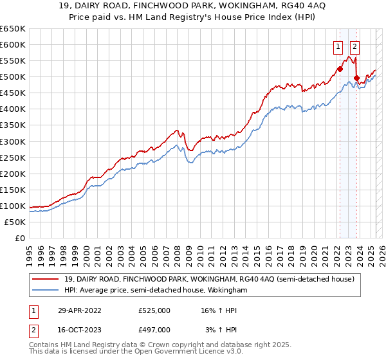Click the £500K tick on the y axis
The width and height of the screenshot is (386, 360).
point(12,76)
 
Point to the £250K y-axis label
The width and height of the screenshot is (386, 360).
point(12,157)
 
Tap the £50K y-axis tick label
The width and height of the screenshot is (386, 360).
point(15,222)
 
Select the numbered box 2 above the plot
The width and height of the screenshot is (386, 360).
point(355,46)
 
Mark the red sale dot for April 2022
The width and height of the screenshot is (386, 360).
point(340,69)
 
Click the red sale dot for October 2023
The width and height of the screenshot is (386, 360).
point(356,78)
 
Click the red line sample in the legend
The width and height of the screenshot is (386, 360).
point(46,279)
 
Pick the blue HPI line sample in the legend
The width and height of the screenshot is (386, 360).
point(46,291)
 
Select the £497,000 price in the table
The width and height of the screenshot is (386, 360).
point(154,330)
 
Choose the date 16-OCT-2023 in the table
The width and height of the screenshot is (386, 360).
point(79,330)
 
